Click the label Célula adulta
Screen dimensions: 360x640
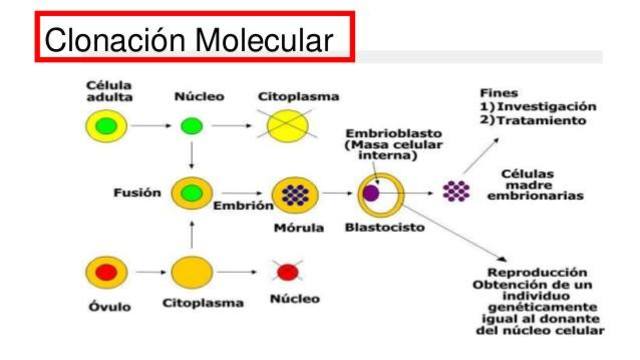pos(108,92)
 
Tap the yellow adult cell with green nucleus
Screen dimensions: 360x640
pos(104,126)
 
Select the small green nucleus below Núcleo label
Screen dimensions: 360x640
pos(190,126)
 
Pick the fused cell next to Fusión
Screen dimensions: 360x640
pos(191,192)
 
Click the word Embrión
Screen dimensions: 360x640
pos(243,205)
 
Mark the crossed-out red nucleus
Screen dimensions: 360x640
pos(288,271)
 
